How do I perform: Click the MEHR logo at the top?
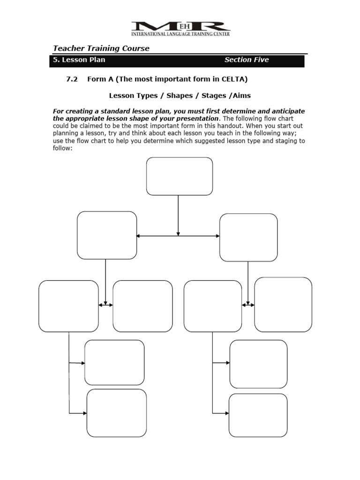180,28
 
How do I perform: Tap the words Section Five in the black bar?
247,60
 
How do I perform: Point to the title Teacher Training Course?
101,48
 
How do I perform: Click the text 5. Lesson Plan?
79,60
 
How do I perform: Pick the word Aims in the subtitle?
241,96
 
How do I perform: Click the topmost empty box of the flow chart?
180,176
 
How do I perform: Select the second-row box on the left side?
107,235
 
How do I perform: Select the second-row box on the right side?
248,237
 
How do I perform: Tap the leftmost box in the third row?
68,306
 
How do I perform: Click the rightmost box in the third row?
283,305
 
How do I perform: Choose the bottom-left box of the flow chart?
117,413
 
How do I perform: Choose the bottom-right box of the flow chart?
258,415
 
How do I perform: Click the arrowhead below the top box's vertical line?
178,233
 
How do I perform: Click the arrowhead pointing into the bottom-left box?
85,413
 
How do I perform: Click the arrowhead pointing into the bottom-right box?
227,413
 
